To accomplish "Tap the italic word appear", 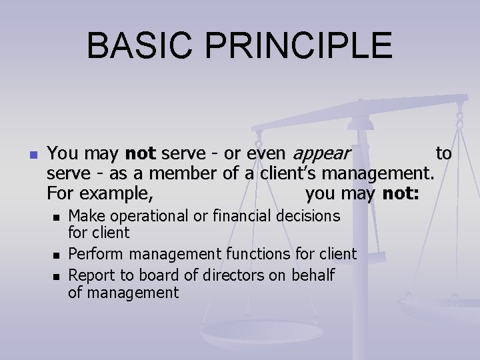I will (x=322, y=155).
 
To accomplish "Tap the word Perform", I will (x=97, y=254).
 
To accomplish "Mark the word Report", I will (x=93, y=275).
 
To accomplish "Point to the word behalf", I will (x=312, y=275).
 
